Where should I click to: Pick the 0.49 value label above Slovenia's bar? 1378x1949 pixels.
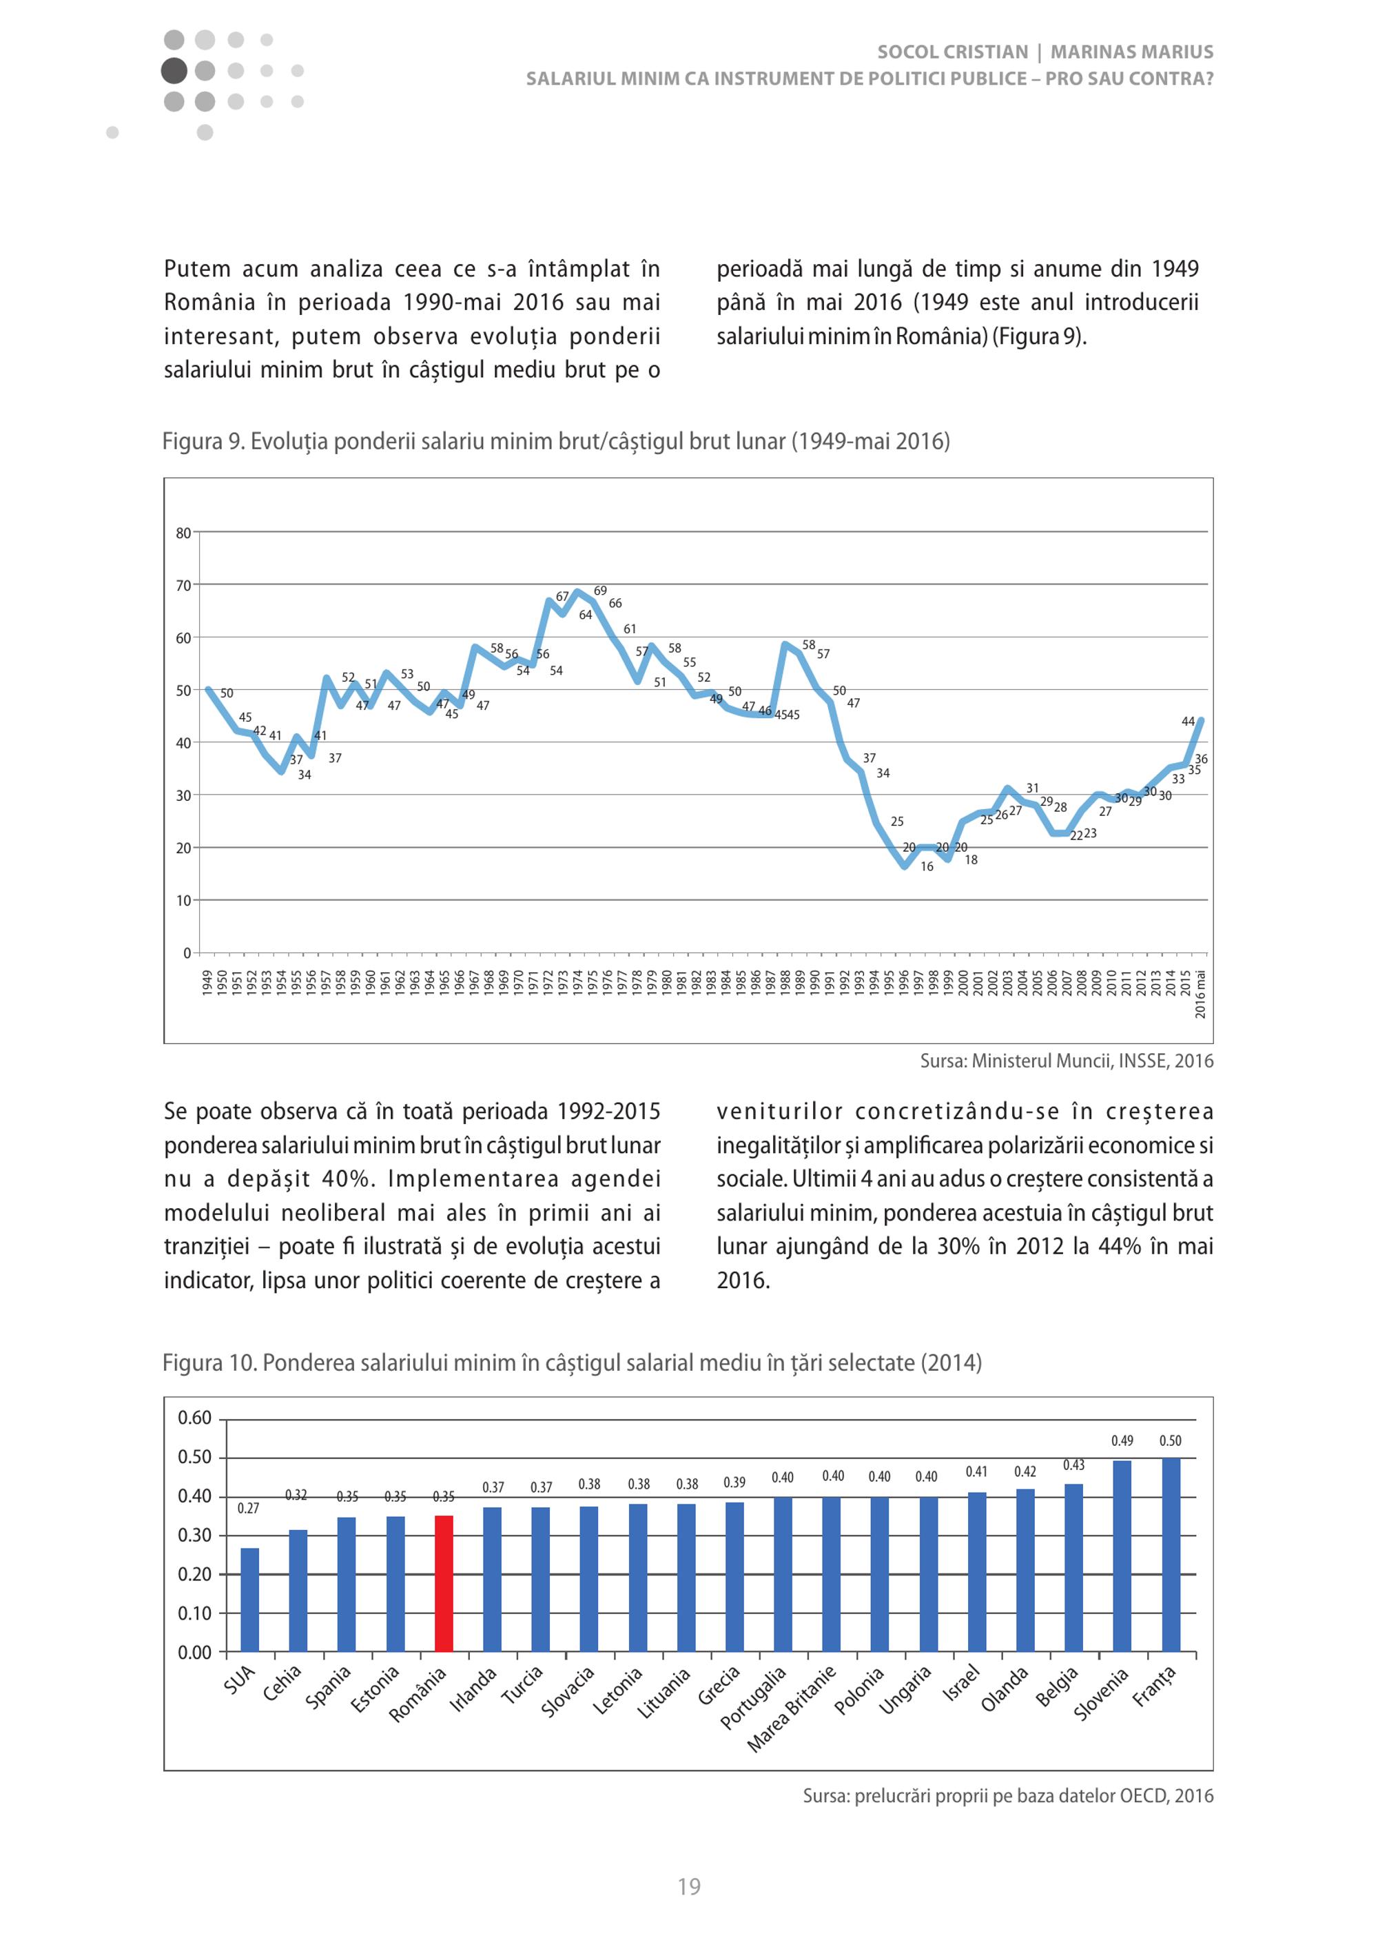pyautogui.click(x=1122, y=1440)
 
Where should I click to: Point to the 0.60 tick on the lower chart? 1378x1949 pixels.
pyautogui.click(x=194, y=1418)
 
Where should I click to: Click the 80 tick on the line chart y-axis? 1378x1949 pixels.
pyautogui.click(x=183, y=533)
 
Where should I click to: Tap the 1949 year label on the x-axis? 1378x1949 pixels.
pyautogui.click(x=207, y=983)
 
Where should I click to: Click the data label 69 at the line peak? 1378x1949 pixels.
pyautogui.click(x=600, y=591)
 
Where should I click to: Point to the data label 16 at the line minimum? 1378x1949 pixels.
pyautogui.click(x=927, y=867)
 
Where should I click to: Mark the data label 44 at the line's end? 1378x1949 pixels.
pyautogui.click(x=1188, y=722)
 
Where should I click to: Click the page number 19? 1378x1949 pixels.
pyautogui.click(x=689, y=1887)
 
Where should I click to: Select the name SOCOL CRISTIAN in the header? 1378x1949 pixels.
pyautogui.click(x=953, y=52)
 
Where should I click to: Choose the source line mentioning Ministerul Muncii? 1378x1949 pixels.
pyautogui.click(x=1067, y=1061)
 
